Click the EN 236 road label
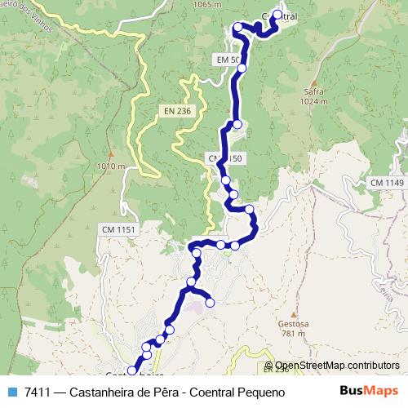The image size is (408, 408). tap(178, 111)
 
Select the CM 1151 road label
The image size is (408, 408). tap(118, 229)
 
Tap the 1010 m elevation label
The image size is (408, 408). tap(110, 166)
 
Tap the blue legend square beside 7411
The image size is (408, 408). tap(13, 392)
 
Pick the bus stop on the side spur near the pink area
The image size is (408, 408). tap(210, 303)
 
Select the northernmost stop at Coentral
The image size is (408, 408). tap(278, 15)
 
